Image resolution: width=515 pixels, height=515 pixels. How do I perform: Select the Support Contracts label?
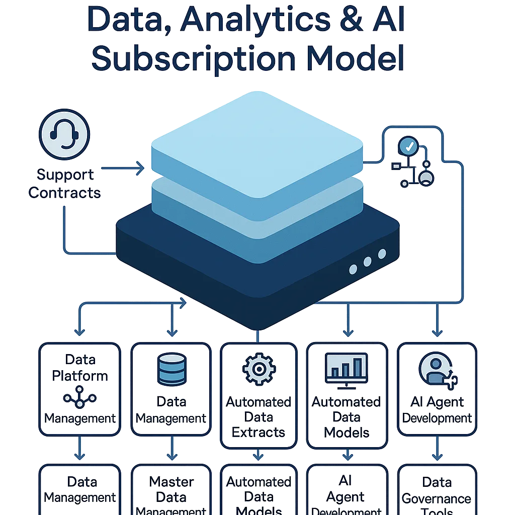click(64, 184)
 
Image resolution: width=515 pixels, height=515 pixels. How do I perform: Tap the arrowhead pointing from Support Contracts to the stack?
click(140, 169)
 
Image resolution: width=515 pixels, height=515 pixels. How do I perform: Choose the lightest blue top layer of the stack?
click(256, 151)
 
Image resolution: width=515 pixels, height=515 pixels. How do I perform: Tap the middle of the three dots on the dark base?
click(368, 262)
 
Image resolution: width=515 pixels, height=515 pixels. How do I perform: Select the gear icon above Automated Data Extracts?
click(259, 368)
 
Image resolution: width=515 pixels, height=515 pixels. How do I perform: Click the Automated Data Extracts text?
click(259, 417)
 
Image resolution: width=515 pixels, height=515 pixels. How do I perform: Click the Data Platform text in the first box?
click(80, 368)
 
